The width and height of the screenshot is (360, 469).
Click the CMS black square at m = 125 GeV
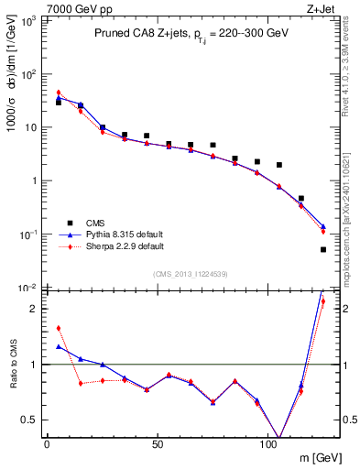click(323, 249)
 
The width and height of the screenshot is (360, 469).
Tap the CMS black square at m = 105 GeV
click(279, 165)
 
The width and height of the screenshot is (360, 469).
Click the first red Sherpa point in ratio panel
click(59, 328)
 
